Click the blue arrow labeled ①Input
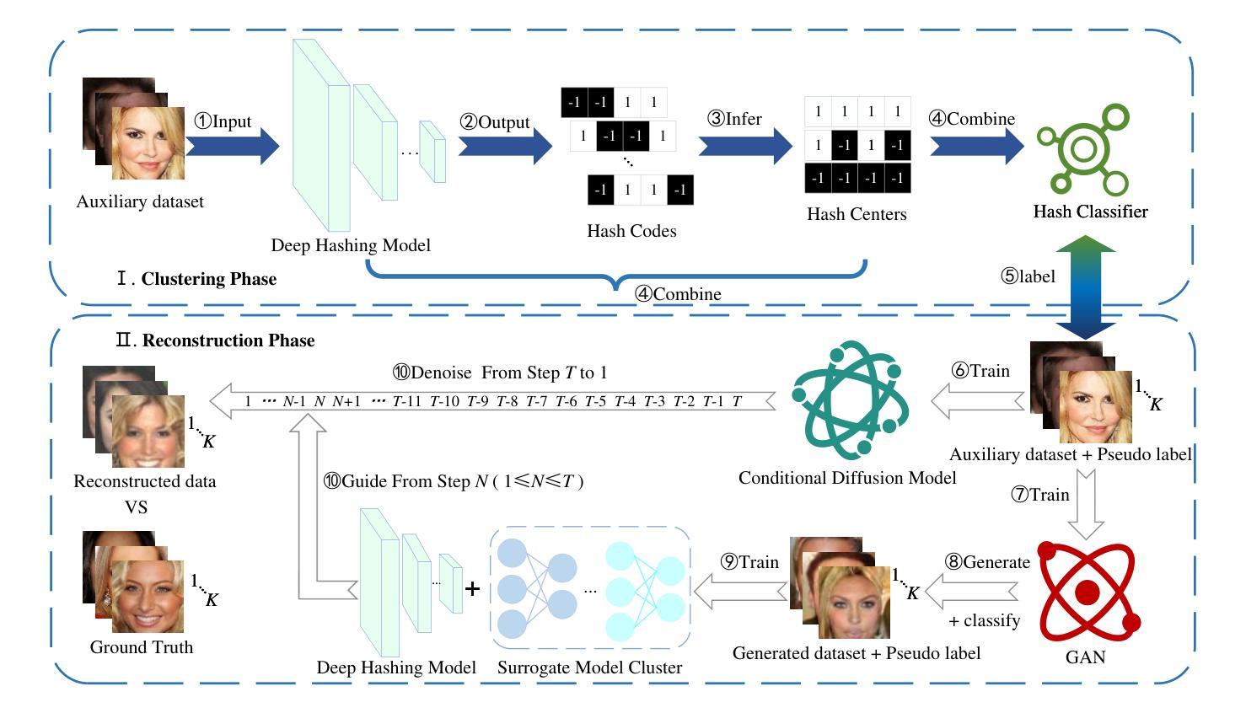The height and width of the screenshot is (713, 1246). pyautogui.click(x=232, y=147)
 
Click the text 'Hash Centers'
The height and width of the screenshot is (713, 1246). pyautogui.click(x=857, y=214)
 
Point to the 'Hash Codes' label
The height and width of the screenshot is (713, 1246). pyautogui.click(x=631, y=231)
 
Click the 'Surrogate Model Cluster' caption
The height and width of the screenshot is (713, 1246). pyautogui.click(x=589, y=667)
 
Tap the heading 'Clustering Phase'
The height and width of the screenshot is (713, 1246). pyautogui.click(x=208, y=279)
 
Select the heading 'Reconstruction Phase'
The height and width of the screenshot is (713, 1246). pyautogui.click(x=228, y=340)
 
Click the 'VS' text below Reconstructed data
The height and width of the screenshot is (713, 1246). pyautogui.click(x=136, y=507)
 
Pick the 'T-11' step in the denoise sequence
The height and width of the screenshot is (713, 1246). pyautogui.click(x=406, y=402)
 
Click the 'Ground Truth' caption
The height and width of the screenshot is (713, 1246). pyautogui.click(x=142, y=647)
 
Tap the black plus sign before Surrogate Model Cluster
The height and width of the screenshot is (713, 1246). pyautogui.click(x=472, y=589)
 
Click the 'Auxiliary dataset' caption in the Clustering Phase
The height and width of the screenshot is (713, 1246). pyautogui.click(x=140, y=202)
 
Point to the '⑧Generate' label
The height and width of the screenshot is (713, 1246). pyautogui.click(x=988, y=562)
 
